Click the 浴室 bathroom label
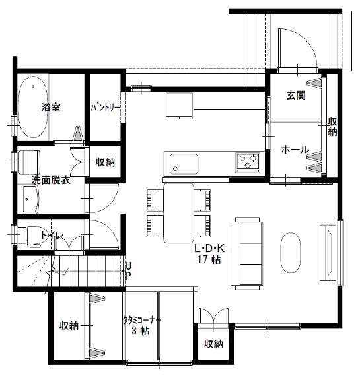51,107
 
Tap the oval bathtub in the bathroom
33,107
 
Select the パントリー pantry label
105,108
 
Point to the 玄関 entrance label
296,95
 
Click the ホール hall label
295,150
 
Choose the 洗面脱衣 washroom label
51,180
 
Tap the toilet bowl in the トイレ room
30,236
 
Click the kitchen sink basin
184,164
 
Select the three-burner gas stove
248,162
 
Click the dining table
178,213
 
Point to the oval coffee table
291,253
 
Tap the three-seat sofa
247,253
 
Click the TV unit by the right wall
328,253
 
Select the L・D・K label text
209,248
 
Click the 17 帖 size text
209,259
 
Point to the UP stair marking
128,271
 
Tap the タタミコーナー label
142,320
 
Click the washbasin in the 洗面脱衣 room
31,199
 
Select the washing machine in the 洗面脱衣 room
29,162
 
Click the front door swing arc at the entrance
305,44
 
